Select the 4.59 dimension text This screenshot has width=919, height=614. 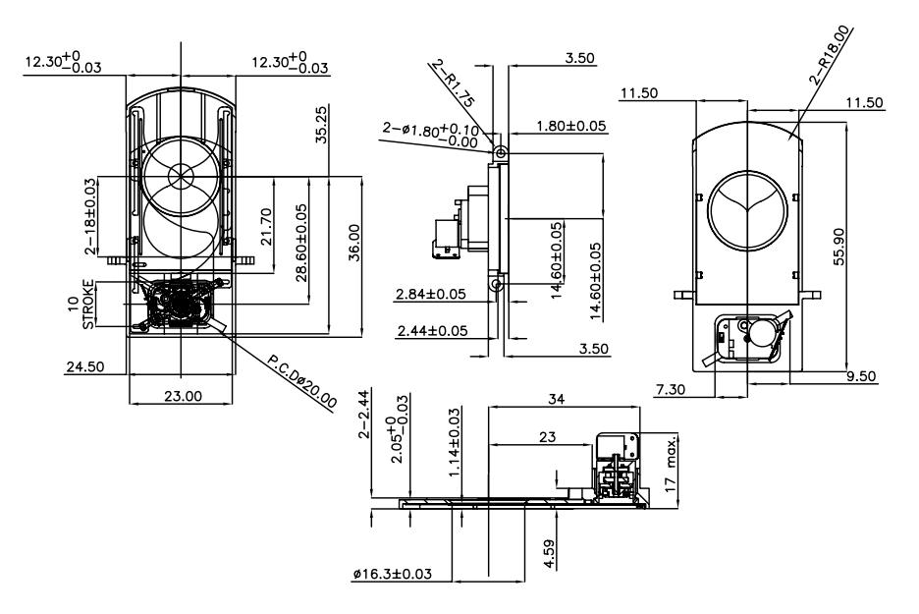tap(549, 554)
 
